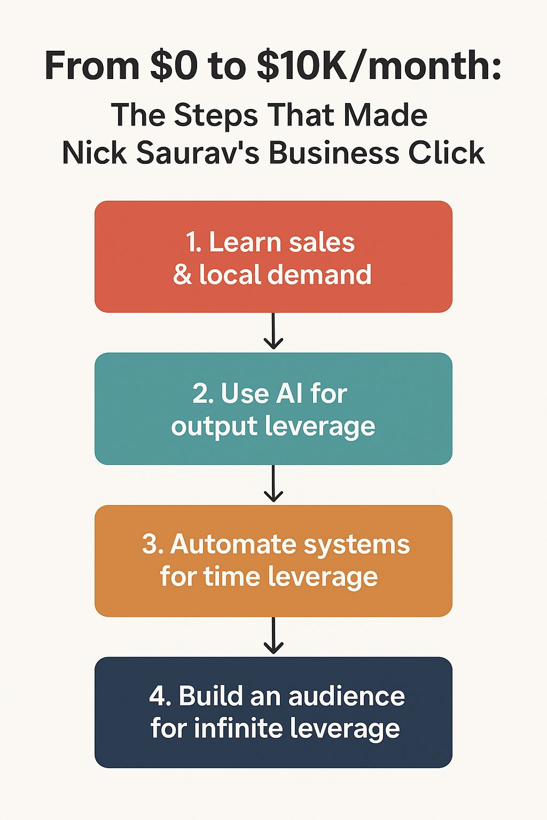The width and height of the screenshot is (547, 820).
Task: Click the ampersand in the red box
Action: [x=182, y=275]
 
